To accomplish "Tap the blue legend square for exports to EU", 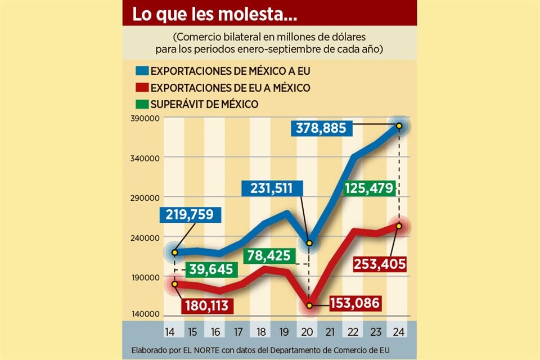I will coord(141,71).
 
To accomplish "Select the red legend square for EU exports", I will coord(141,88).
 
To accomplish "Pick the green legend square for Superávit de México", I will coord(141,104).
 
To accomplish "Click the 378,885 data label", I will coord(322,128).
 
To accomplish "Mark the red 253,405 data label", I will coord(380,263).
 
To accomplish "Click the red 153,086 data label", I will coord(354,303).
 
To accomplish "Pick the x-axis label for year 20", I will coord(307,330).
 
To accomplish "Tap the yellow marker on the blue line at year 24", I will coord(399,126).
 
